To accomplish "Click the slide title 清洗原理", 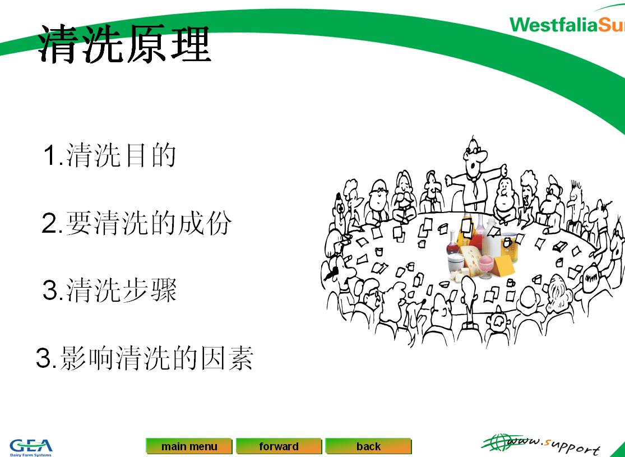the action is pos(124,43).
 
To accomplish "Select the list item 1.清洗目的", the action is pos(110,155).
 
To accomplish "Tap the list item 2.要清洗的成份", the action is pos(137,223).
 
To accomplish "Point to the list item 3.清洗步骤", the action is pos(110,290).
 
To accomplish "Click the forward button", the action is pos(279,446).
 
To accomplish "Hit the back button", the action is pos(368,446).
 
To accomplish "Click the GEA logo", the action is pos(31,447).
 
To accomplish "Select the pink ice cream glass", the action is pos(485,266).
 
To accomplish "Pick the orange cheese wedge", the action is pos(503,265).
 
